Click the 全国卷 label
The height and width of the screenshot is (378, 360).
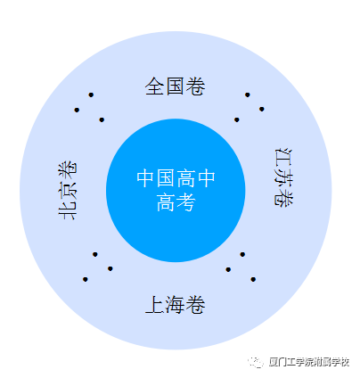pos(176,86)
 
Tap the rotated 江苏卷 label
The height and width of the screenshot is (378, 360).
pos(283,177)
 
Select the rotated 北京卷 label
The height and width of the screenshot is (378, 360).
pos(68,191)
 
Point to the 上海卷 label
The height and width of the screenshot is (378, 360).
pos(176,305)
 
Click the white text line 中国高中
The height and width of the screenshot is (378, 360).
pos(176,178)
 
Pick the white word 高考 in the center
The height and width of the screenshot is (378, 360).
pos(176,202)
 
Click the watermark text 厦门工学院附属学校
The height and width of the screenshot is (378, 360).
pos(309,362)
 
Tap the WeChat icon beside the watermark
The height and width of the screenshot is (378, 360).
pos(256,362)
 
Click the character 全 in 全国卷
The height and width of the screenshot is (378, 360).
pos(155,86)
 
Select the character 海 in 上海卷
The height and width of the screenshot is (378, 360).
pos(176,305)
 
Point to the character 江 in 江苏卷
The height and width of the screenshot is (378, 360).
pos(283,157)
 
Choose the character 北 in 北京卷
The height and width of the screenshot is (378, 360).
pos(68,210)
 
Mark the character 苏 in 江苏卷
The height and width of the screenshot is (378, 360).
pos(283,177)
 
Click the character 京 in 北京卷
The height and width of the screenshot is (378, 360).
pos(68,191)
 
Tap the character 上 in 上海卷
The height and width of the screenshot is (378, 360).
pos(155,305)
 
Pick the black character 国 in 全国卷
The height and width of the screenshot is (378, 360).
pos(176,86)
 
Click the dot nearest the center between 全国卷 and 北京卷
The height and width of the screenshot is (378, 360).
pos(102,119)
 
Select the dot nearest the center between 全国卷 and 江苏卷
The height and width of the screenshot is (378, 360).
pos(237,119)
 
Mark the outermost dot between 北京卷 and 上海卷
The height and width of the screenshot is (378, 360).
pos(86,279)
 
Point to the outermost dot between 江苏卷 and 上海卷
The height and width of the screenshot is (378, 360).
pos(253,279)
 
